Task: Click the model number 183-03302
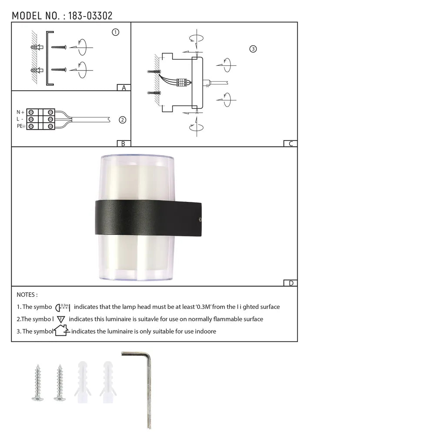point(90,16)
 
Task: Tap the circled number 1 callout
point(115,32)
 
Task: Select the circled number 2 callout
point(122,120)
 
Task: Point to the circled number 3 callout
point(253,49)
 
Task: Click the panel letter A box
point(124,87)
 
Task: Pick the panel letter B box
point(124,144)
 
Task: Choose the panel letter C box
point(291,144)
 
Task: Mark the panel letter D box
point(291,283)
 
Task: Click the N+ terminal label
point(20,112)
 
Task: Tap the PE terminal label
point(20,126)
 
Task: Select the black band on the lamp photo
point(148,217)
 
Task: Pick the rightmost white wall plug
point(108,378)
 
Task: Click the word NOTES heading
point(27,295)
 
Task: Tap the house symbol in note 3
point(61,331)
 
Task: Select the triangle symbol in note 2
point(61,319)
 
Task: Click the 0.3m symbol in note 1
point(63,307)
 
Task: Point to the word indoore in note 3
point(204,331)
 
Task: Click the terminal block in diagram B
point(41,119)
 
